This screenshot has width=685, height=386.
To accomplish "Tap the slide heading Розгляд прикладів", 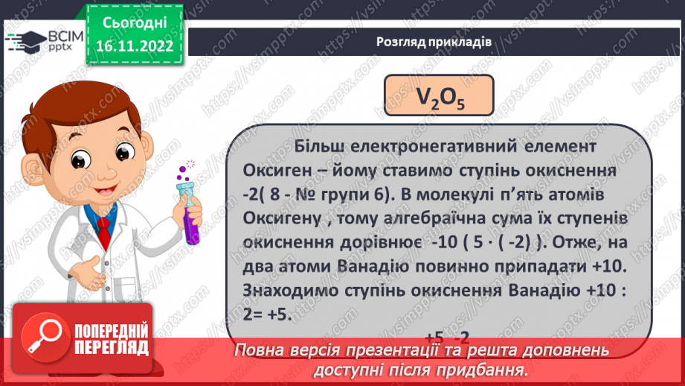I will (434, 42).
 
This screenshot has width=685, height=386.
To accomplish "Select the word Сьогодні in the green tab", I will (134, 23).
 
